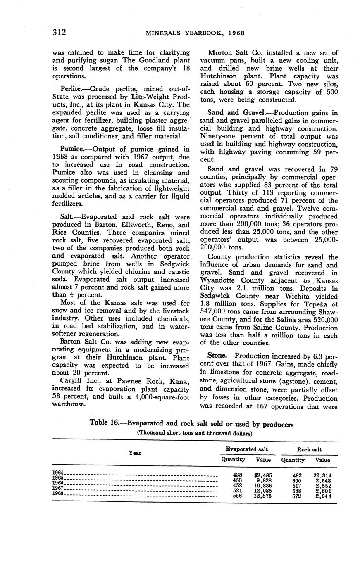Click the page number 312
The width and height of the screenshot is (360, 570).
[59, 32]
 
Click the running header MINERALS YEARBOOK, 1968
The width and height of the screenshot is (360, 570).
[195, 33]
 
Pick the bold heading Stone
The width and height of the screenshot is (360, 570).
[219, 356]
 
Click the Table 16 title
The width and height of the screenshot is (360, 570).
[191, 425]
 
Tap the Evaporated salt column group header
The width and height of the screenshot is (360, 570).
[247, 449]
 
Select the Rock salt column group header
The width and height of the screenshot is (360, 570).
[309, 449]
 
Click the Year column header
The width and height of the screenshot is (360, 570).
[135, 453]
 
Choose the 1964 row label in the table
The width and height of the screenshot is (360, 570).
[58, 472]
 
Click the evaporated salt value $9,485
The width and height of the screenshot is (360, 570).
[263, 475]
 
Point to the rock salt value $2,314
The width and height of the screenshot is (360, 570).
[322, 475]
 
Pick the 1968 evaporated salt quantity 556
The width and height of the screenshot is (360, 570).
[238, 496]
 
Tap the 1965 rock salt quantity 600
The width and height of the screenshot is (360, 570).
[297, 480]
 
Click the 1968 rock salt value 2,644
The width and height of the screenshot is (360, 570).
[323, 496]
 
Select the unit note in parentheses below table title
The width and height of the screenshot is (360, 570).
[194, 433]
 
